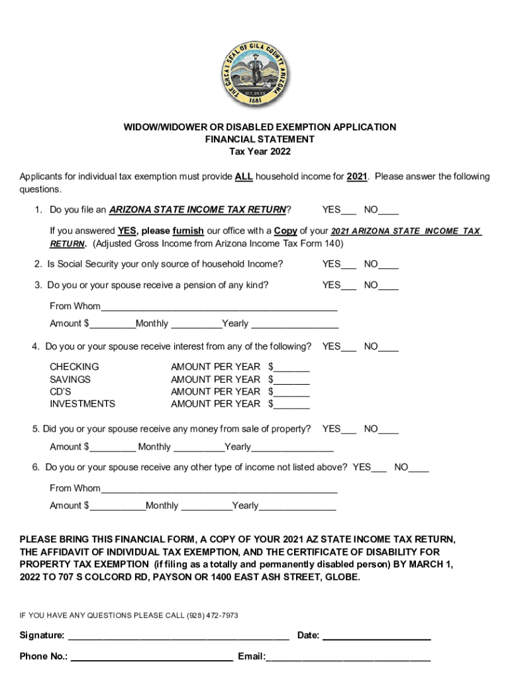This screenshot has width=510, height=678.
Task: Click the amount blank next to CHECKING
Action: pyautogui.click(x=291, y=367)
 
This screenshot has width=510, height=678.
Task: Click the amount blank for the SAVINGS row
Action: pyautogui.click(x=291, y=380)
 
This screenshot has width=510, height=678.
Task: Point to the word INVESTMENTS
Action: pyautogui.click(x=82, y=404)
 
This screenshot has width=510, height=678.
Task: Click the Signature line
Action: pyautogui.click(x=179, y=637)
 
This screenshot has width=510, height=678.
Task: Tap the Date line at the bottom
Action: pyautogui.click(x=376, y=637)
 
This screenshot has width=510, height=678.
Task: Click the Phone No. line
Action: pyautogui.click(x=152, y=658)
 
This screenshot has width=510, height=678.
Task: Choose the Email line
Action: pyautogui.click(x=348, y=658)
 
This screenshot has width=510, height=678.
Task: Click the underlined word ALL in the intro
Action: pyautogui.click(x=244, y=177)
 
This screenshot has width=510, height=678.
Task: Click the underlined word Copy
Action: pyautogui.click(x=285, y=231)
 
